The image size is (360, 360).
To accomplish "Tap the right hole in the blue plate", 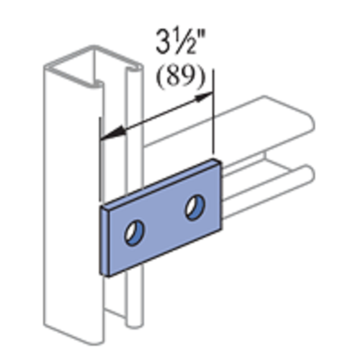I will point(193,206).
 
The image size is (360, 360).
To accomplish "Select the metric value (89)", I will point(180,77).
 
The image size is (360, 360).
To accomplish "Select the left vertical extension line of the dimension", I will point(100,160).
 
